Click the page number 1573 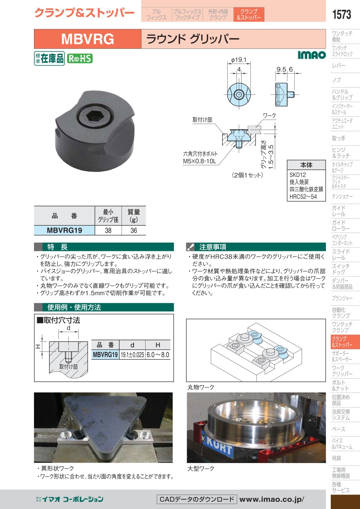click(341, 14)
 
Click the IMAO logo click(312, 55)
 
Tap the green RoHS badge click(80, 58)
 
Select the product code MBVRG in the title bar click(88, 39)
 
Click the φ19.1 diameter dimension click(239, 60)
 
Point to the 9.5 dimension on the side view click(281, 70)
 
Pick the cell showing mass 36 click(134, 230)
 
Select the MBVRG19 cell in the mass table click(64, 230)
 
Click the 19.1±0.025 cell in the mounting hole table click(132, 355)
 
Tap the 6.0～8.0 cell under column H click(158, 355)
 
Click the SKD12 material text click(298, 175)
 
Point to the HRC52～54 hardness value click(303, 196)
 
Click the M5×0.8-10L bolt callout click(200, 162)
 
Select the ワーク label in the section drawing click(269, 116)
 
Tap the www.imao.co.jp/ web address click(272, 499)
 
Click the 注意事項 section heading click(212, 247)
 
